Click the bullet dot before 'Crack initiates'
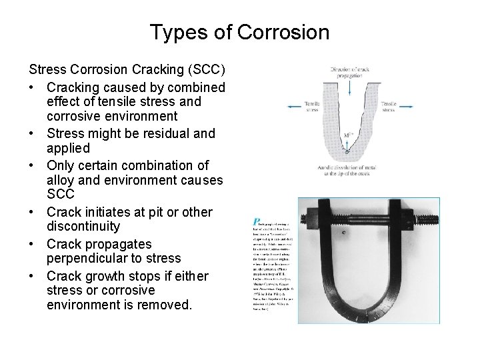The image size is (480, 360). [x=33, y=212]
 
